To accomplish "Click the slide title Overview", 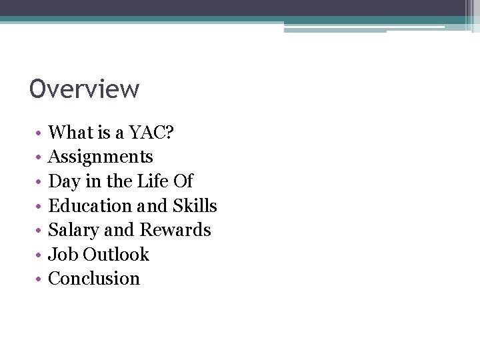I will coord(85,89).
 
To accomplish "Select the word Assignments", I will coord(101,157).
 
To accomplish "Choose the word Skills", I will coord(195,206).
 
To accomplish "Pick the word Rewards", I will coord(175,230).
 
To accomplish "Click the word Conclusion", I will coord(94,279).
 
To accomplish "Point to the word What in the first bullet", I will coord(67,133).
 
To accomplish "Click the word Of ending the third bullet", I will coord(183,181).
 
